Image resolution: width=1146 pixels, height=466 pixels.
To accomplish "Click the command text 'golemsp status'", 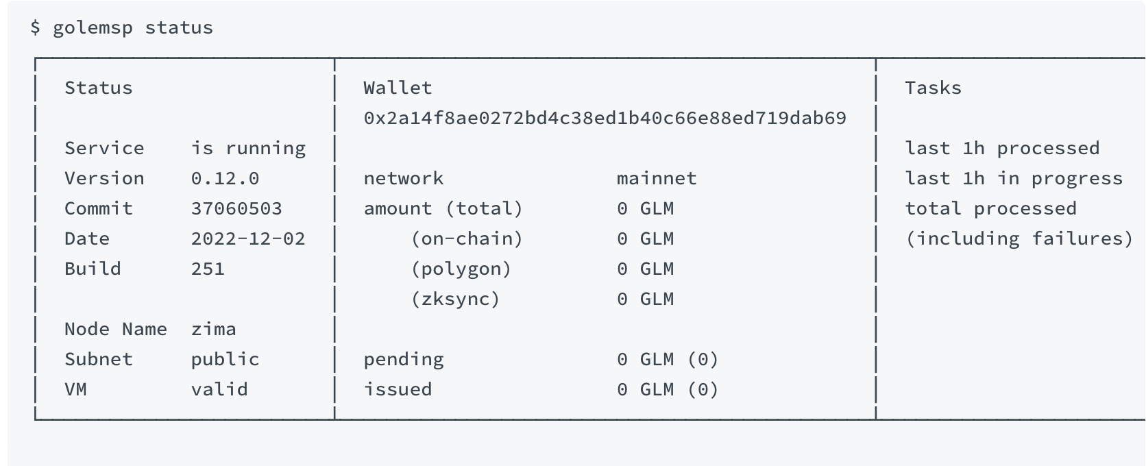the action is (x=132, y=28).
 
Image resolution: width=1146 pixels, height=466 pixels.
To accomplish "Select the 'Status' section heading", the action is (x=98, y=88).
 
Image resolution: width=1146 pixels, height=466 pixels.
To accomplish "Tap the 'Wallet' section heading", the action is (x=398, y=88).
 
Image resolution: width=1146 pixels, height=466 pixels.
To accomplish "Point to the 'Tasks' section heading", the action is (x=933, y=88).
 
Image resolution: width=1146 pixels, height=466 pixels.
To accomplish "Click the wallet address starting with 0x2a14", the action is (x=605, y=118).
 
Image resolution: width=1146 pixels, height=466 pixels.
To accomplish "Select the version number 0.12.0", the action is (x=225, y=179).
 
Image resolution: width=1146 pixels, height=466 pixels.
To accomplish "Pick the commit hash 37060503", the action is (x=236, y=209).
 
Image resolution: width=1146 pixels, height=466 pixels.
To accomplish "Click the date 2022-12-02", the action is (x=248, y=239).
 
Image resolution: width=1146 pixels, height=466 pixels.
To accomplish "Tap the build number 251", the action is (x=208, y=269).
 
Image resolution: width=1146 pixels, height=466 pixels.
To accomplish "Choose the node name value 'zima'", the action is (x=214, y=329).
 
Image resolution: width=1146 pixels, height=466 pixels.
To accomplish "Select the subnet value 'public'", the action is (x=225, y=360).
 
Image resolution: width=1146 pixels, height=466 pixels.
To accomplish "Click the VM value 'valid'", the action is (x=219, y=389).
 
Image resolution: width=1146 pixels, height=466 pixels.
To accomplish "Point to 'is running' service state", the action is (x=248, y=148).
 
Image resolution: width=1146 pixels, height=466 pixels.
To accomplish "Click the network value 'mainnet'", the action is (x=657, y=179).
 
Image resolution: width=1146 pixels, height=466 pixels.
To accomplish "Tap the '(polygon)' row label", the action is (x=461, y=269).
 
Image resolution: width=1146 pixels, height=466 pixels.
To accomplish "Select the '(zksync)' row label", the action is (x=455, y=299).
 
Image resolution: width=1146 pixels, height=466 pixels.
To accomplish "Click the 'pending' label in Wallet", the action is (x=404, y=360).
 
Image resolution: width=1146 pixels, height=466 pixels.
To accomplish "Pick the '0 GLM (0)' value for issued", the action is (x=668, y=390).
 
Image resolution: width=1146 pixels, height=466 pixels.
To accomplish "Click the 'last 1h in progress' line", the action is (x=1014, y=179).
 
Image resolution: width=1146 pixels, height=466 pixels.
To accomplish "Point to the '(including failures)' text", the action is (x=1019, y=239).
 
